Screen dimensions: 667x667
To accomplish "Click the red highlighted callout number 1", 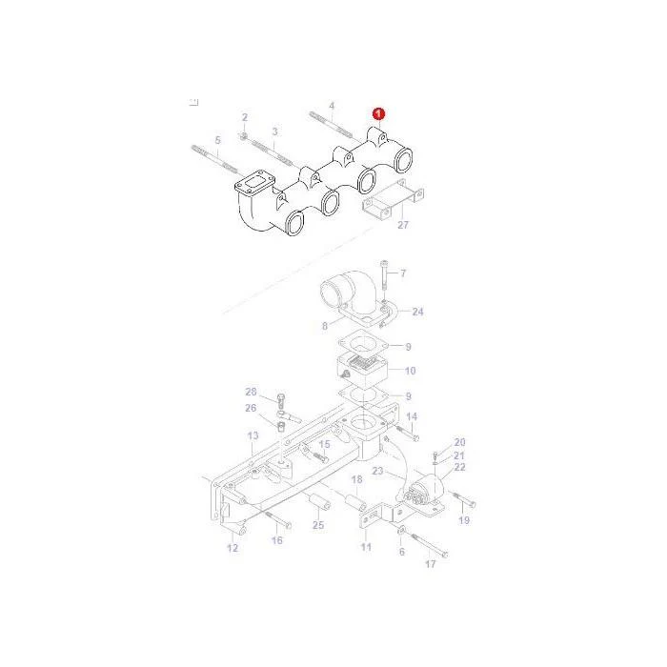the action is click(x=378, y=114).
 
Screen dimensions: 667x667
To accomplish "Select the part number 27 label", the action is click(x=403, y=225).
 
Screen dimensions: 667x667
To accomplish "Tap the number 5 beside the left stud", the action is click(x=218, y=140).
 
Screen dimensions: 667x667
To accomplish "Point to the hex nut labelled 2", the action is click(x=244, y=136).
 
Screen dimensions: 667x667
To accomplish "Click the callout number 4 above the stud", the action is click(x=332, y=106).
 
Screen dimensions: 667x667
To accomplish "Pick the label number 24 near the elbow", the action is click(x=417, y=312).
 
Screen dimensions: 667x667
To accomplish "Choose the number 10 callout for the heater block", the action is click(x=410, y=371).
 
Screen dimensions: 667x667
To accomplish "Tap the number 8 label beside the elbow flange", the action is click(x=325, y=326).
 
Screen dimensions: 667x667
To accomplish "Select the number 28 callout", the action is click(x=251, y=392).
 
